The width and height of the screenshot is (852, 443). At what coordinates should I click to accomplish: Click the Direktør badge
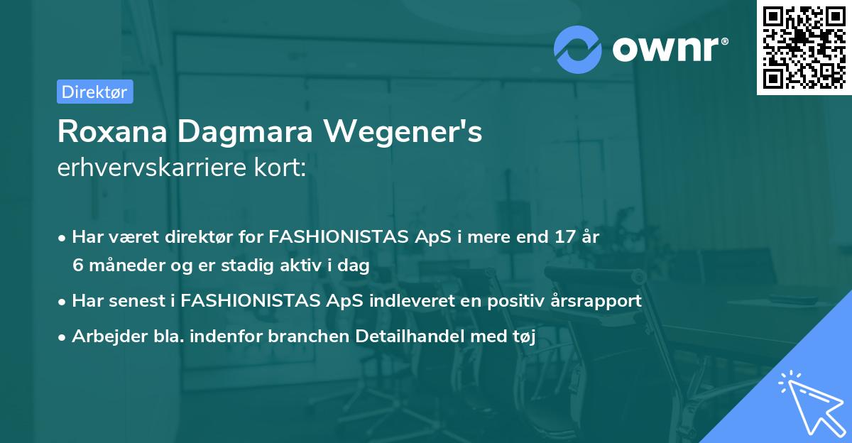(x=94, y=92)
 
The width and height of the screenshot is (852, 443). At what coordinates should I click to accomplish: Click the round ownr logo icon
(x=577, y=50)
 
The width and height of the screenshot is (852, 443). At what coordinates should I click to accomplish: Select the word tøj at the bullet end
(x=523, y=337)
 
